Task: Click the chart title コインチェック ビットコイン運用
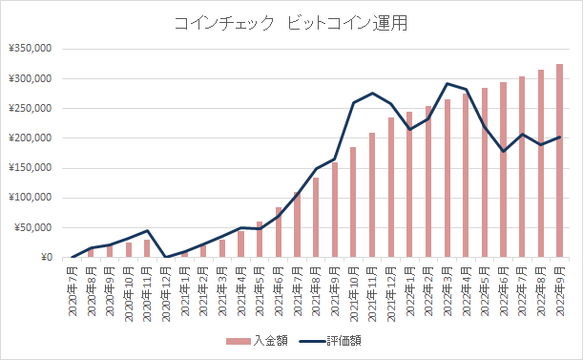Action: point(290,24)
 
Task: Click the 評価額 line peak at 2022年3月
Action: point(447,83)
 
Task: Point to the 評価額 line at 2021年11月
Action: point(371,93)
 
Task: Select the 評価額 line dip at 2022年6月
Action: point(503,151)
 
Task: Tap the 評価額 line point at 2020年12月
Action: point(166,257)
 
